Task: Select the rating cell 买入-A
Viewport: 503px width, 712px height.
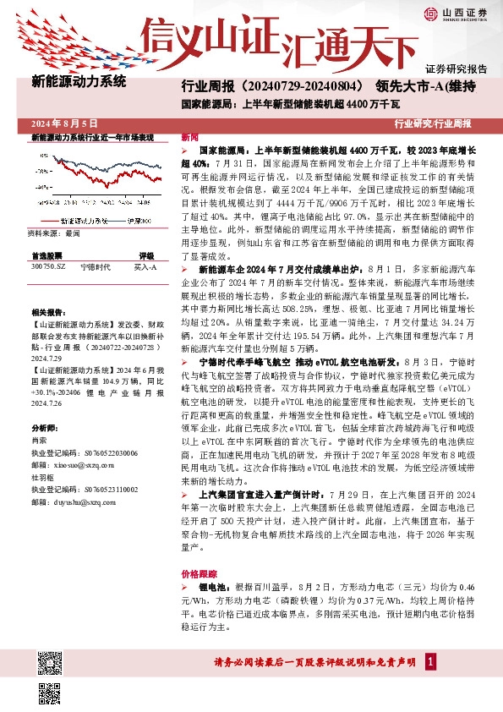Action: [x=145, y=266]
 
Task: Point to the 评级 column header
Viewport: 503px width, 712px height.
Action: [x=145, y=255]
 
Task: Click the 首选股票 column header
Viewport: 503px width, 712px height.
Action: [x=46, y=255]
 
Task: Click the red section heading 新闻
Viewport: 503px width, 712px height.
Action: [x=189, y=137]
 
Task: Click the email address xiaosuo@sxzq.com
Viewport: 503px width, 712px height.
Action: [x=79, y=464]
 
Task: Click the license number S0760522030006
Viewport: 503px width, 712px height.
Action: [x=94, y=453]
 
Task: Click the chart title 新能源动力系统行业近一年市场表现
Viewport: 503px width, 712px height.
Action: [x=92, y=137]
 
